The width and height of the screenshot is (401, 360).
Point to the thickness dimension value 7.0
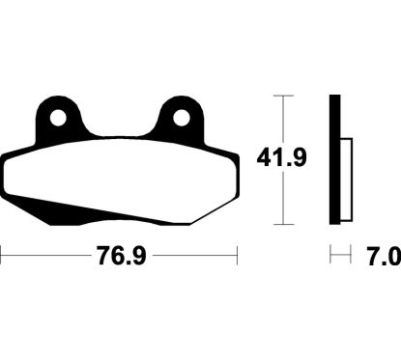(x=383, y=257)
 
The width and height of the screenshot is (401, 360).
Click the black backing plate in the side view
(x=334, y=159)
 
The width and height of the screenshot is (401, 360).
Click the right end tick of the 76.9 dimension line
(x=237, y=257)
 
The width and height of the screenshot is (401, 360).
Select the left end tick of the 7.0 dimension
(x=330, y=257)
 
